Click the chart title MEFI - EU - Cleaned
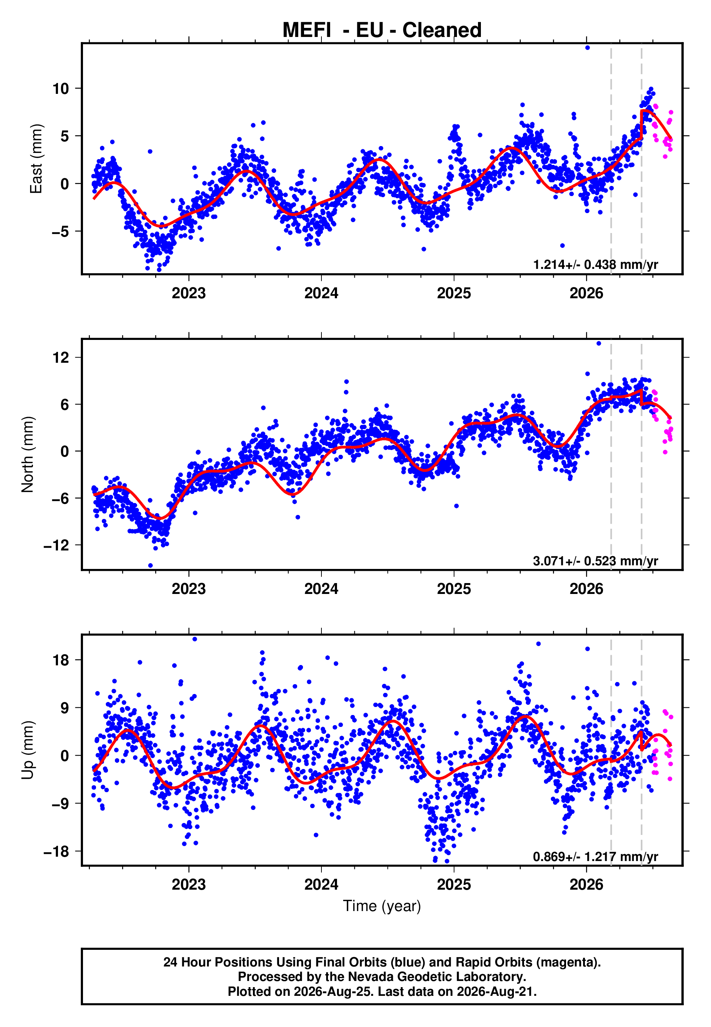coord(382,30)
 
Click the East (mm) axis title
coord(36,159)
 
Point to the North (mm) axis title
coord(28,454)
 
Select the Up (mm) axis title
coord(28,750)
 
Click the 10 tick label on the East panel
coord(61,89)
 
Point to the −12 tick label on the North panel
coord(56,545)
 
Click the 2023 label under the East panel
coord(189,293)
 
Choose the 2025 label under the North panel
coord(454,589)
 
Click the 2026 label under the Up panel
coord(586,885)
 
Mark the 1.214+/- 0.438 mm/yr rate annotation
coord(596,265)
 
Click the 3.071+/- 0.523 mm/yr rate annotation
coord(596,561)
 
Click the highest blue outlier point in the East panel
coord(587,47)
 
